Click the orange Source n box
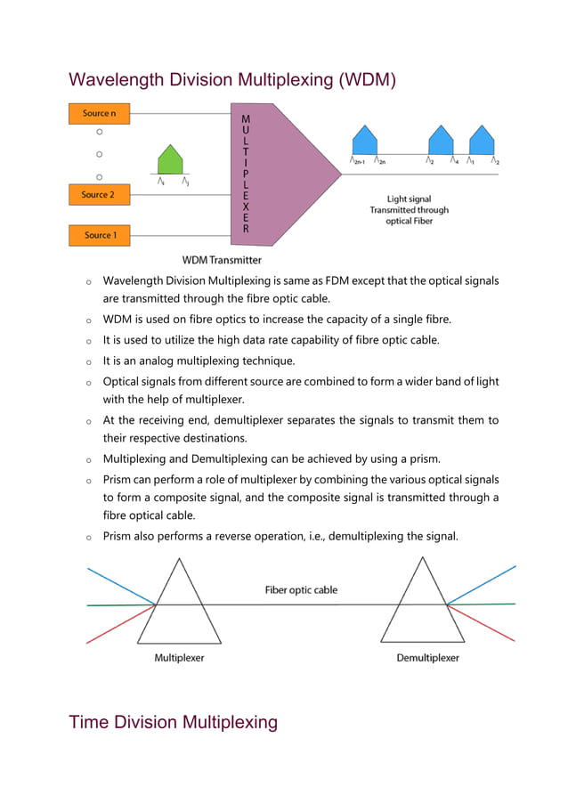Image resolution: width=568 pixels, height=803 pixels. pos(99,113)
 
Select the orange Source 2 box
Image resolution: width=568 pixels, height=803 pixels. pos(99,194)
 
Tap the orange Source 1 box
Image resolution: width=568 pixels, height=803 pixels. pos(99,235)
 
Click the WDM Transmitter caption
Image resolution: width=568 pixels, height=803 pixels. pos(222,260)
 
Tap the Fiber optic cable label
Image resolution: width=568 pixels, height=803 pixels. pos(301,589)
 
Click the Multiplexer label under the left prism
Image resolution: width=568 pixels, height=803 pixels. pos(180,658)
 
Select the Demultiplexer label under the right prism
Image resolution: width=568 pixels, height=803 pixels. pos(427,658)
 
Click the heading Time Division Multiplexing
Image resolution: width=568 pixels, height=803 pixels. pos(174,721)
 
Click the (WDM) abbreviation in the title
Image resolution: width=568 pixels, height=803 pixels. pos(364,81)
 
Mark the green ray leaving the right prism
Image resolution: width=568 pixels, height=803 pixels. pos(485,604)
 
